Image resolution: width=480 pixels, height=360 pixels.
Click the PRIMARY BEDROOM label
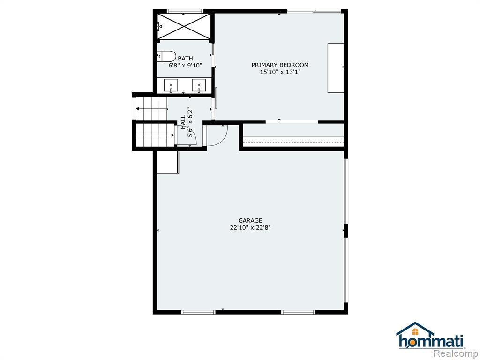(x=280, y=65)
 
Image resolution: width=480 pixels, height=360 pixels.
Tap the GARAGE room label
(x=250, y=220)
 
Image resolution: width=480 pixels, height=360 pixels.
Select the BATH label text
(x=186, y=59)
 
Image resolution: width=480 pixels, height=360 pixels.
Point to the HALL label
(x=183, y=122)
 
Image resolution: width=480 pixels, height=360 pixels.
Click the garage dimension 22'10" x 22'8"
(x=250, y=228)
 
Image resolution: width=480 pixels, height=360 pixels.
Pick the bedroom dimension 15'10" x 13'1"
(x=280, y=72)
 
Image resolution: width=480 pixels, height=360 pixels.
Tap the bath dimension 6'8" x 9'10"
(x=185, y=66)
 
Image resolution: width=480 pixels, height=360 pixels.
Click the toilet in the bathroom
(x=167, y=56)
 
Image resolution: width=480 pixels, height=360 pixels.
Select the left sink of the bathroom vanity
(x=171, y=85)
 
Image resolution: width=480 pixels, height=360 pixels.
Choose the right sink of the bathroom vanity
(x=199, y=85)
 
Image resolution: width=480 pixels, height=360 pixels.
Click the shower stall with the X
(x=184, y=26)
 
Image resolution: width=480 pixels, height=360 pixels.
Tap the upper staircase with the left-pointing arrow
(x=152, y=109)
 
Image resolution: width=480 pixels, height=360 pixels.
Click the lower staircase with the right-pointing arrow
(x=155, y=135)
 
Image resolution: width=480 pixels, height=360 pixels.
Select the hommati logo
(x=430, y=336)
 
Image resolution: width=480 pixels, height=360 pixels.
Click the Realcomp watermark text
(x=456, y=353)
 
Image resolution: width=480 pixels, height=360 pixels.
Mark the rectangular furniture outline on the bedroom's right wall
(x=336, y=68)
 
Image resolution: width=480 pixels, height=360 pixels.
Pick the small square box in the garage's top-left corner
(x=168, y=162)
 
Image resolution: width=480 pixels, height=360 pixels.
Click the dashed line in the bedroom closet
(x=293, y=142)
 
